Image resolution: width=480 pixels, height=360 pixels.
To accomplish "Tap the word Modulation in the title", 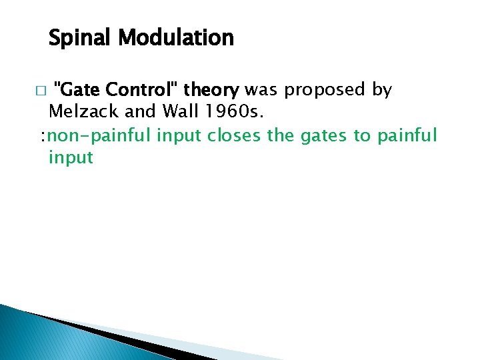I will [176, 37].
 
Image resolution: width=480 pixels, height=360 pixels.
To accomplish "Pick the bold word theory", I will [213, 89].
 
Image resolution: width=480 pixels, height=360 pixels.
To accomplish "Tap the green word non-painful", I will [101, 136].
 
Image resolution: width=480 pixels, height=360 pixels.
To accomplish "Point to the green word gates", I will [320, 136].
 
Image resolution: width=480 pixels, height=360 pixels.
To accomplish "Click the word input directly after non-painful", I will [179, 136].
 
